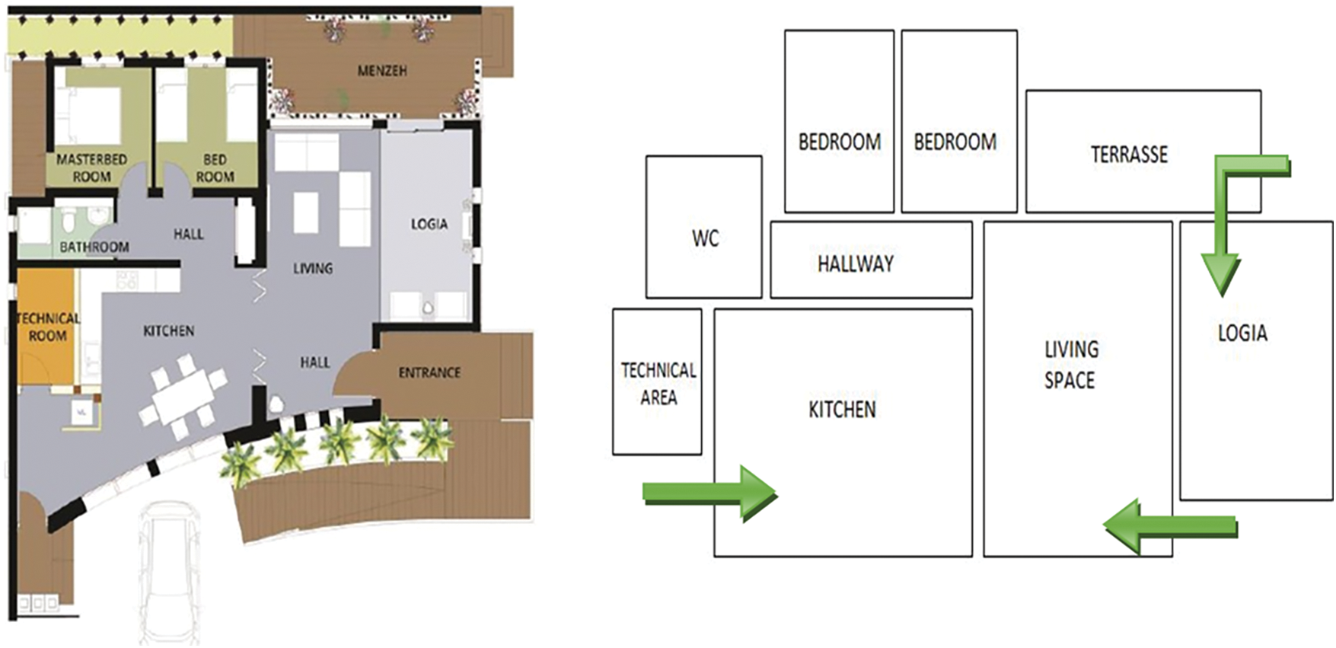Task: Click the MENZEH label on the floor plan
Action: [x=382, y=71]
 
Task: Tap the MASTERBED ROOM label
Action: [x=91, y=168]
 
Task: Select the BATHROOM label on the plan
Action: [x=94, y=247]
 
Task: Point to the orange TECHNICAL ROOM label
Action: [x=47, y=327]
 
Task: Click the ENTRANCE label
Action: [x=429, y=372]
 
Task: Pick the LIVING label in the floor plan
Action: [x=313, y=268]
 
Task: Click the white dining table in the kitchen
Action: [x=183, y=397]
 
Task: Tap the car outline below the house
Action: [x=171, y=571]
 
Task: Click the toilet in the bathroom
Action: [x=69, y=221]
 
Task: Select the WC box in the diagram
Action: [x=704, y=227]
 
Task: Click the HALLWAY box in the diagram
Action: [x=872, y=260]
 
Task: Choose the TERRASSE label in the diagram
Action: [x=1129, y=155]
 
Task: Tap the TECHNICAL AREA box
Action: [x=657, y=381]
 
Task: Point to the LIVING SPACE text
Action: [x=1070, y=365]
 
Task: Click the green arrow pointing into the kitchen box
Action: [x=709, y=493]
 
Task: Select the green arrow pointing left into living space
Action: [x=1171, y=526]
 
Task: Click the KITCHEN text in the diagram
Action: [x=842, y=410]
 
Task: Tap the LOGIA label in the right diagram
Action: [x=1242, y=333]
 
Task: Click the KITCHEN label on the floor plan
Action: [x=169, y=330]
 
